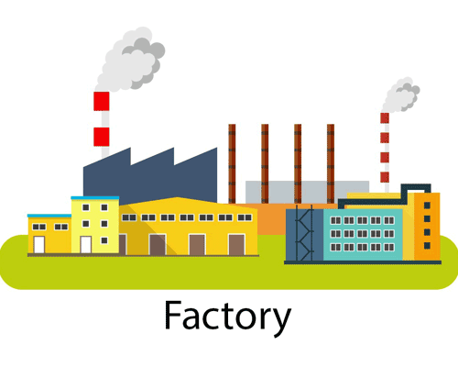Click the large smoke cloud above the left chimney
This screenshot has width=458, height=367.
pyautogui.click(x=130, y=61)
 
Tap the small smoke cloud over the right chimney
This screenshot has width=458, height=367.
pyautogui.click(x=400, y=95)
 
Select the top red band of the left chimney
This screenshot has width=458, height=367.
pyautogui.click(x=102, y=101)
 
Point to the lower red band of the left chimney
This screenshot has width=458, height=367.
pyautogui.click(x=102, y=137)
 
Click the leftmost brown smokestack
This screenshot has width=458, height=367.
pyautogui.click(x=232, y=163)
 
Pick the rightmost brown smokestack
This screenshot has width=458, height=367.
pyautogui.click(x=331, y=163)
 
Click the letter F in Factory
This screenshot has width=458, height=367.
pyautogui.click(x=173, y=315)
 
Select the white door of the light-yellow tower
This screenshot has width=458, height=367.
pyautogui.click(x=86, y=245)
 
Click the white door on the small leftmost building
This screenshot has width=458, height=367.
pyautogui.click(x=39, y=245)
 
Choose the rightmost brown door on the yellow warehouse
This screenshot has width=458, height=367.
pyautogui.click(x=236, y=245)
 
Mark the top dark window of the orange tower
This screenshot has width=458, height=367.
pyautogui.click(x=427, y=206)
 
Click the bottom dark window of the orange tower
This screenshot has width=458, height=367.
pyautogui.click(x=427, y=245)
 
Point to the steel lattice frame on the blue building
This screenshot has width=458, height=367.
pyautogui.click(x=304, y=233)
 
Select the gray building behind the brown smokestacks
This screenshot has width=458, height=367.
pyautogui.click(x=307, y=192)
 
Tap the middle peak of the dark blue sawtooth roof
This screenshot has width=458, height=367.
pyautogui.click(x=174, y=148)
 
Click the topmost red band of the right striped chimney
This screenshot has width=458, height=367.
pyautogui.click(x=385, y=118)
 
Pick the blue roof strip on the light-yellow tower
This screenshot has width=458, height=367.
pyautogui.click(x=95, y=198)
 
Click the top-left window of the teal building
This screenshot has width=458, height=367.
pyautogui.click(x=336, y=220)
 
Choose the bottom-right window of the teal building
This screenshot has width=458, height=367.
pyautogui.click(x=389, y=247)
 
